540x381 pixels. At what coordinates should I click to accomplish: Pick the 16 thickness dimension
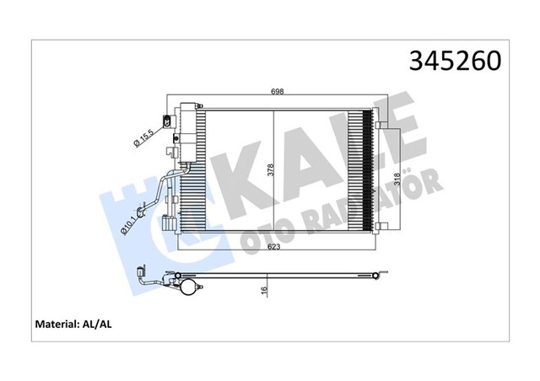click(265, 289)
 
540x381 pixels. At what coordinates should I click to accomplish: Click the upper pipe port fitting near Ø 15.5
click(165, 117)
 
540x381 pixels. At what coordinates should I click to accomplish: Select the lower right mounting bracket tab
click(381, 228)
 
